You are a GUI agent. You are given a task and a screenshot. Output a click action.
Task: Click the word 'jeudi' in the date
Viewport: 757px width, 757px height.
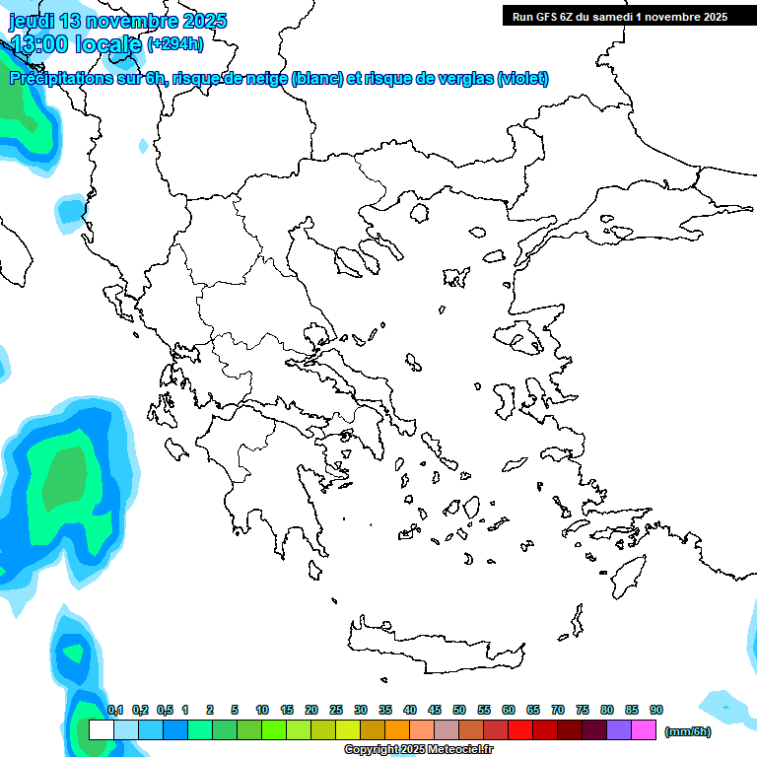34,21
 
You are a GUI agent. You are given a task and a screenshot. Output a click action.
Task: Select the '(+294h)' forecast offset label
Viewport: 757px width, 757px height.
175,43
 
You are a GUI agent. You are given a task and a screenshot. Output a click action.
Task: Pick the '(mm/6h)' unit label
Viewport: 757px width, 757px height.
688,731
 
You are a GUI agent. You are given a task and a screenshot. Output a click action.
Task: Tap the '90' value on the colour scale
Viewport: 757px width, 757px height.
656,710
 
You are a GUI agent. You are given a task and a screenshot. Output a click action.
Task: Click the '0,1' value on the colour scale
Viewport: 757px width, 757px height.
114,710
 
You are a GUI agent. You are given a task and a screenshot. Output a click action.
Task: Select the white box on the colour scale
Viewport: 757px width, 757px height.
101,730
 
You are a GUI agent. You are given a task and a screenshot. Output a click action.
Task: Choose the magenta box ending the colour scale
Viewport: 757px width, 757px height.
645,730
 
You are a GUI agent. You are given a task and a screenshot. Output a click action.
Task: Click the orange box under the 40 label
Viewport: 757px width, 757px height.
397,730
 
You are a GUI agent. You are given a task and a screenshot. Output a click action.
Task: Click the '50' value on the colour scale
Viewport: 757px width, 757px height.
459,710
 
